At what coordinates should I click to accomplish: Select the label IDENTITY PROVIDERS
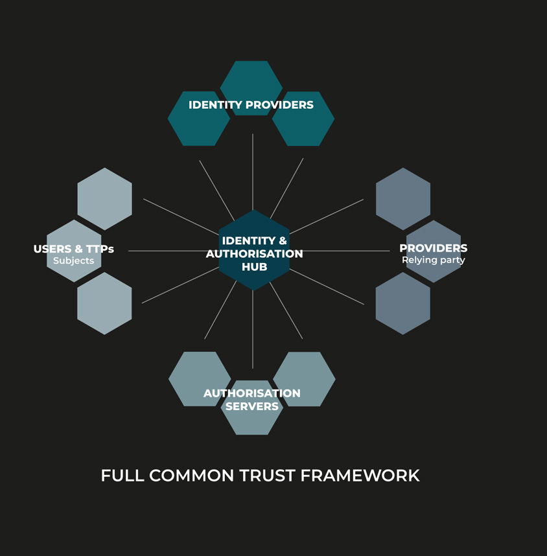click(x=251, y=105)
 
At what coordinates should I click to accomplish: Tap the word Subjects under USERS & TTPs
click(x=73, y=261)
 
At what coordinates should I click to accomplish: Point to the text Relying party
click(x=433, y=260)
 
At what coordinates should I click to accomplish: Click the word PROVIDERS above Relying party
click(x=433, y=248)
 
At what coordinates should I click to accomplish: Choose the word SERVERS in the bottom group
click(x=251, y=406)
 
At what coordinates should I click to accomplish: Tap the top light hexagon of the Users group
click(x=104, y=198)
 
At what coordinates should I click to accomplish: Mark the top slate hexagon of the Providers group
click(x=403, y=198)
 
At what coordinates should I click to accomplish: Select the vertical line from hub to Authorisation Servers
click(x=253, y=330)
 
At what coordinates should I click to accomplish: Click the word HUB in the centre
click(x=254, y=266)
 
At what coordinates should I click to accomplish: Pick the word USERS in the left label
click(x=52, y=249)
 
